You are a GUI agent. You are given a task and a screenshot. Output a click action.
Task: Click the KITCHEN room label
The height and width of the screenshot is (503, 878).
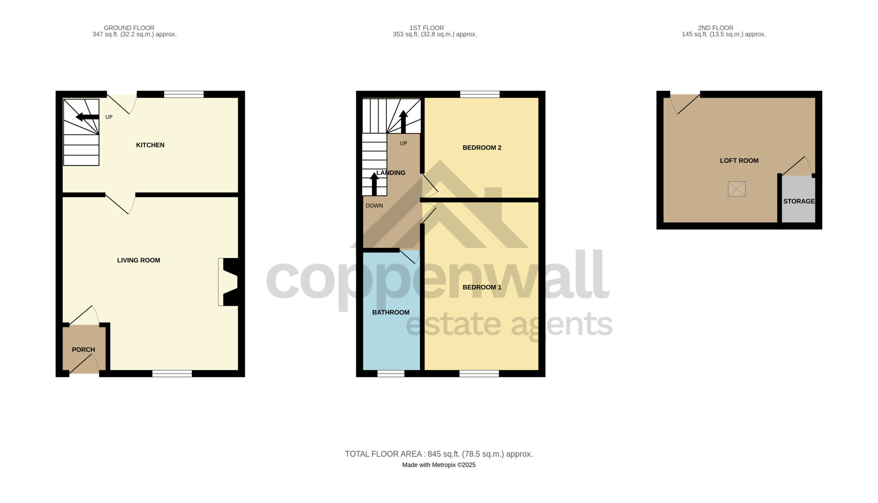tap(150, 145)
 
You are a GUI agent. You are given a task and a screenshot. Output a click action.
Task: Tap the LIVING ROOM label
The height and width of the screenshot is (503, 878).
tap(138, 261)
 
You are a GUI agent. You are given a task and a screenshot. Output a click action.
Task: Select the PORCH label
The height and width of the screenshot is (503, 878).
tap(83, 350)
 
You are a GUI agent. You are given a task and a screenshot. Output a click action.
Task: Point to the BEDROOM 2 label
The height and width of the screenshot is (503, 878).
tap(482, 148)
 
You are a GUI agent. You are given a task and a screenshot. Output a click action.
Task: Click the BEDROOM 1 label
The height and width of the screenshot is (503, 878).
tap(482, 287)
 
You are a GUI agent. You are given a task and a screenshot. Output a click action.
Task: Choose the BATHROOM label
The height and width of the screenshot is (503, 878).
tap(391, 312)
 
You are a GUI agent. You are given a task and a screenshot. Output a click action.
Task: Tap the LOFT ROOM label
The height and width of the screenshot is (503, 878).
tap(739, 161)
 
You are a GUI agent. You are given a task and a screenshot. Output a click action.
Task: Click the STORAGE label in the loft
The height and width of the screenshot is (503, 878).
tap(799, 201)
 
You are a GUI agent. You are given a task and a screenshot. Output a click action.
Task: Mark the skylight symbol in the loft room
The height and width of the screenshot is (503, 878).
tap(737, 189)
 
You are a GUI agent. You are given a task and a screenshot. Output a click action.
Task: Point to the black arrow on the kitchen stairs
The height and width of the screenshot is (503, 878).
tap(87, 117)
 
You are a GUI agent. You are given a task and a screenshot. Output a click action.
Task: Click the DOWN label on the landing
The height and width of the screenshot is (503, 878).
tap(374, 206)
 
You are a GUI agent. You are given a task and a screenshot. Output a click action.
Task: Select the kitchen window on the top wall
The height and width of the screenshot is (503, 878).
tap(184, 94)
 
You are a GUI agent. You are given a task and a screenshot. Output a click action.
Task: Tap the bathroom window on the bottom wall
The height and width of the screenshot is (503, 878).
tap(391, 374)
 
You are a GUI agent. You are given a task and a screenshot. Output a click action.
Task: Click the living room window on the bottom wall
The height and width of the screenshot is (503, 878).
tap(172, 374)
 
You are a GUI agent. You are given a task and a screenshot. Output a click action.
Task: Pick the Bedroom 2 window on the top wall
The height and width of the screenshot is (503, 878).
tap(480, 94)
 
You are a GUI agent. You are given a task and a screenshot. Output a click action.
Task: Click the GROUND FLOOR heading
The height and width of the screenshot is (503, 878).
tap(129, 27)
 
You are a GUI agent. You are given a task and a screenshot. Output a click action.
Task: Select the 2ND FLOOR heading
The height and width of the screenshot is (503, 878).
tap(715, 27)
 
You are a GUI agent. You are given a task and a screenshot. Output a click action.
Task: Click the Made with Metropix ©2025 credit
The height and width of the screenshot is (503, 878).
tap(439, 465)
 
